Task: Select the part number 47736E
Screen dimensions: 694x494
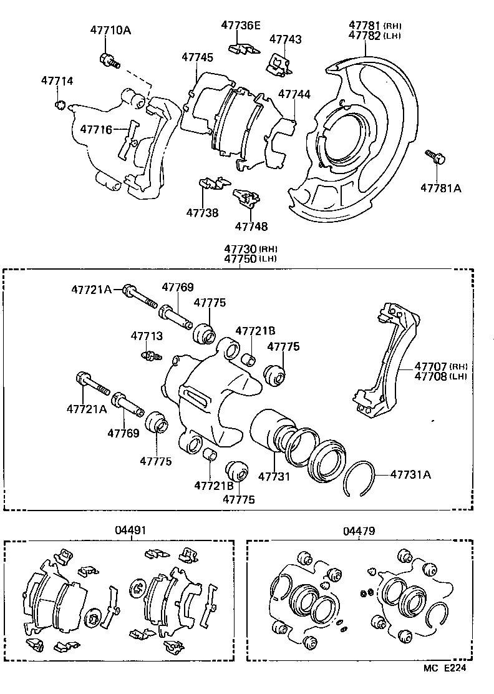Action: tap(241, 25)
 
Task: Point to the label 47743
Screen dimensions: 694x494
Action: tap(285, 39)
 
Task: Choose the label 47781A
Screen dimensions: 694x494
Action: tap(440, 187)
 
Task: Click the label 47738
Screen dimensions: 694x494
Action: tap(202, 213)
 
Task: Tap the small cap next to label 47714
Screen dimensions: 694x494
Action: tap(61, 103)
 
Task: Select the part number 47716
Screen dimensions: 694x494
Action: tap(95, 129)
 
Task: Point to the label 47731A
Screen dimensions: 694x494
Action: tap(410, 474)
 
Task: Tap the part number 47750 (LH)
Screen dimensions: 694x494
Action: tap(241, 259)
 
